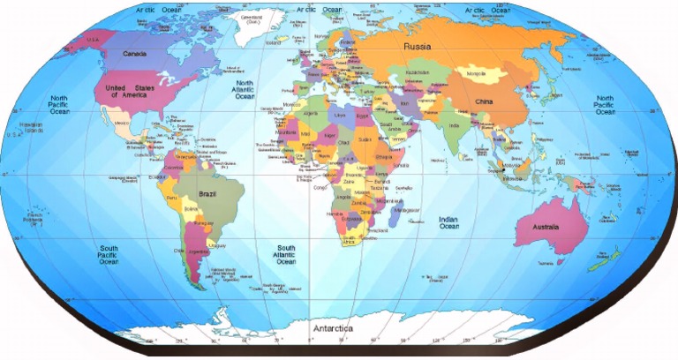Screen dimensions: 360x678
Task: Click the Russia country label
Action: click(418, 45)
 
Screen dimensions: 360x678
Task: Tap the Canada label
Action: click(134, 54)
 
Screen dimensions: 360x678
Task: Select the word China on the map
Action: click(484, 101)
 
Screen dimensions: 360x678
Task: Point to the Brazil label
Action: click(207, 193)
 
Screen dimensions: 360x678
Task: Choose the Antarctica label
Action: click(334, 328)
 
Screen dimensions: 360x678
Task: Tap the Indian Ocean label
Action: click(449, 223)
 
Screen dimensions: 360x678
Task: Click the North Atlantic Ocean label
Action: click(244, 89)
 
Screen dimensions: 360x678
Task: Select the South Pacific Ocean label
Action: click(109, 255)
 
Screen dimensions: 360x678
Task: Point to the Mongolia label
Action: click(476, 73)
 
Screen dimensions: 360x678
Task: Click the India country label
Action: click(454, 124)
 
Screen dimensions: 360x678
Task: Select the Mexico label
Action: click(122, 123)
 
